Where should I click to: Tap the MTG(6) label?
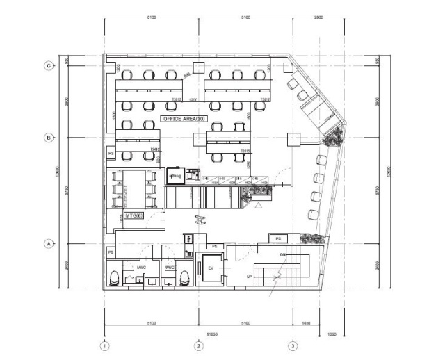tap(133, 217)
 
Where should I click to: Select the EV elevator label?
tap(211, 268)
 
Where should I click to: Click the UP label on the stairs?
tap(250, 276)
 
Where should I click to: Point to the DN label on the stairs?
tap(283, 254)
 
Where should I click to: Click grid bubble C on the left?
tap(49, 65)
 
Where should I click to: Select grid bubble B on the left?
tap(49, 138)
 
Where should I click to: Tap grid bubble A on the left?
tap(49, 244)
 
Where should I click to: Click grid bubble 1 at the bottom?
tap(104, 345)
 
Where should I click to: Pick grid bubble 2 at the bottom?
tap(198, 345)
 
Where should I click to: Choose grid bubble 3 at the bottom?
tap(293, 345)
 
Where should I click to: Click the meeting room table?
tap(136, 187)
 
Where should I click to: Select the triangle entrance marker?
tap(258, 206)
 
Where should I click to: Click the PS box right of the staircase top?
tap(277, 238)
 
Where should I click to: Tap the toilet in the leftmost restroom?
tap(114, 279)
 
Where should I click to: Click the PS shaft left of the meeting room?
tap(110, 152)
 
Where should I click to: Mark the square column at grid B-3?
tap(293, 138)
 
